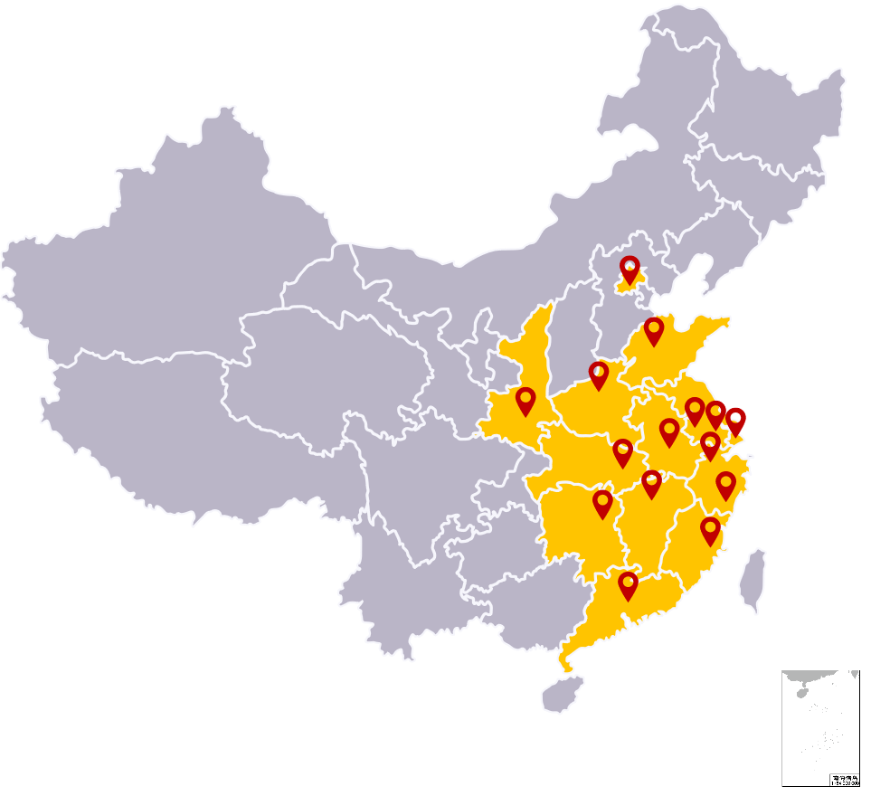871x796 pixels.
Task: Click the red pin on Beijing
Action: coord(630,270)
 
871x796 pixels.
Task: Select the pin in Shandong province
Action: coord(654,331)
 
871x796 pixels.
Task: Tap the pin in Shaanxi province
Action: coord(525,401)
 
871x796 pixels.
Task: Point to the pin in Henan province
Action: coord(599,374)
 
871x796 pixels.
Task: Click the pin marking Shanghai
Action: coord(736,421)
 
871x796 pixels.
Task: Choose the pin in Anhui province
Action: coord(669,431)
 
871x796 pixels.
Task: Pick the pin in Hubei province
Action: coord(622,452)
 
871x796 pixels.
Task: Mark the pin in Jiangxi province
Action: coord(652,484)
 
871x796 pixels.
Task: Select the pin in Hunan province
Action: coord(603,504)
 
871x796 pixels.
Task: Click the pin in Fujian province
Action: coord(711,531)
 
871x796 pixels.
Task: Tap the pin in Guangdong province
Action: coord(628,585)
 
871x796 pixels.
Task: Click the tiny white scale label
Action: coord(844,780)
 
